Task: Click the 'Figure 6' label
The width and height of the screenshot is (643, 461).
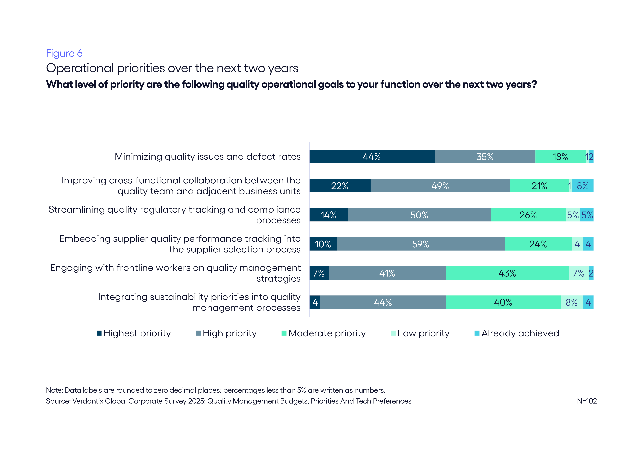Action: pos(64,53)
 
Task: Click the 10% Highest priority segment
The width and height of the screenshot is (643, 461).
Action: pos(323,244)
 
